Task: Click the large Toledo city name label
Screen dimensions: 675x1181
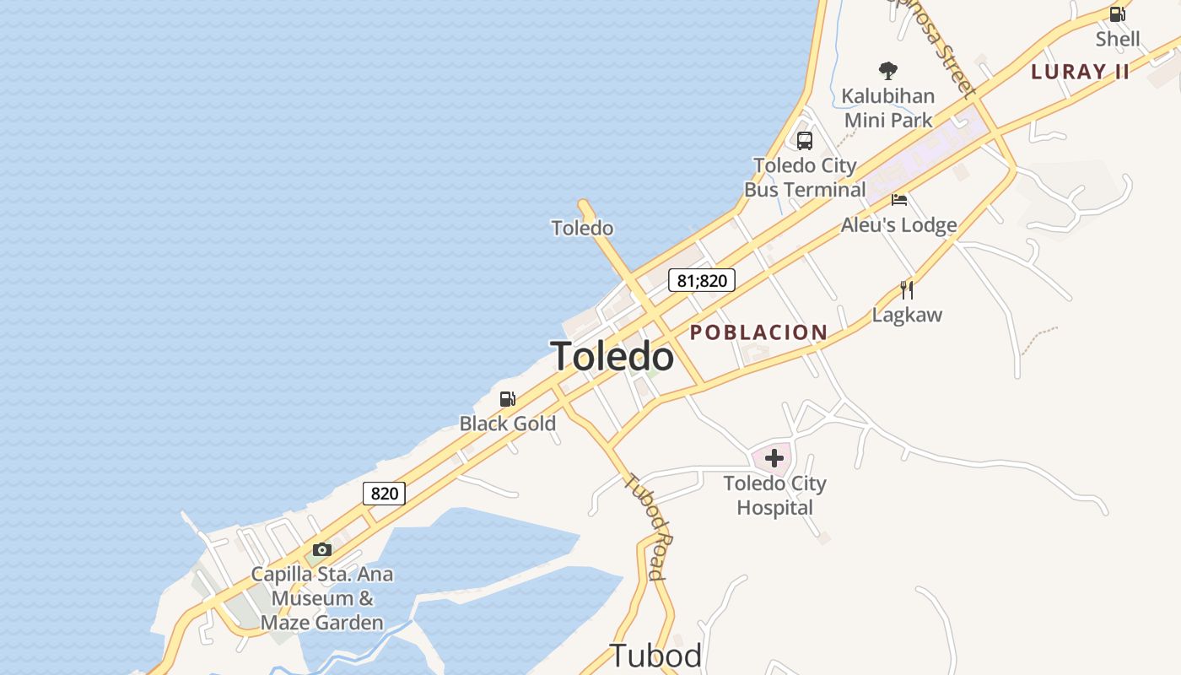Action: tap(612, 356)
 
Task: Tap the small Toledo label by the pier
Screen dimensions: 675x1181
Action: tap(582, 228)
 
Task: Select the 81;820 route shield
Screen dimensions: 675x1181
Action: tap(701, 280)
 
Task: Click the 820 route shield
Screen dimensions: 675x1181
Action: tap(384, 493)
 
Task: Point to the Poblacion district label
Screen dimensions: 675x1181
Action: tap(758, 332)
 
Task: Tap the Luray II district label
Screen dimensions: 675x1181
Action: tap(1080, 72)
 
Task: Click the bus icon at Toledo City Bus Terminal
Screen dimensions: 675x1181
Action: tap(805, 140)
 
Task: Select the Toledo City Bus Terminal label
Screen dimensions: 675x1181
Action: tap(804, 177)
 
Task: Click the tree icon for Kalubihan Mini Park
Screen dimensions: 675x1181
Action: tap(887, 71)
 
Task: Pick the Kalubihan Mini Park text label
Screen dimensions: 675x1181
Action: tap(888, 108)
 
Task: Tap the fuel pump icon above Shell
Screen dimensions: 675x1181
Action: tap(1117, 13)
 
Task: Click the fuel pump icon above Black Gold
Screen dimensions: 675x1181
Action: tap(507, 398)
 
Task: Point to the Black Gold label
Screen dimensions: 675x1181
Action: tap(508, 424)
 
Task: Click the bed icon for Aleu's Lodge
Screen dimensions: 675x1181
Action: tap(899, 200)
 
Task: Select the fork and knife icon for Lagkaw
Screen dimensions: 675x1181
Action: tap(907, 290)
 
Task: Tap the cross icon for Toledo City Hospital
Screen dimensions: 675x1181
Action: tap(774, 458)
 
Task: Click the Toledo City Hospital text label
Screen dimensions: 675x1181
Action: tap(774, 495)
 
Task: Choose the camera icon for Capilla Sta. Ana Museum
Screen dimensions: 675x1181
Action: tap(322, 550)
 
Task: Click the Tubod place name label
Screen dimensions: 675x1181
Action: tap(655, 656)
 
